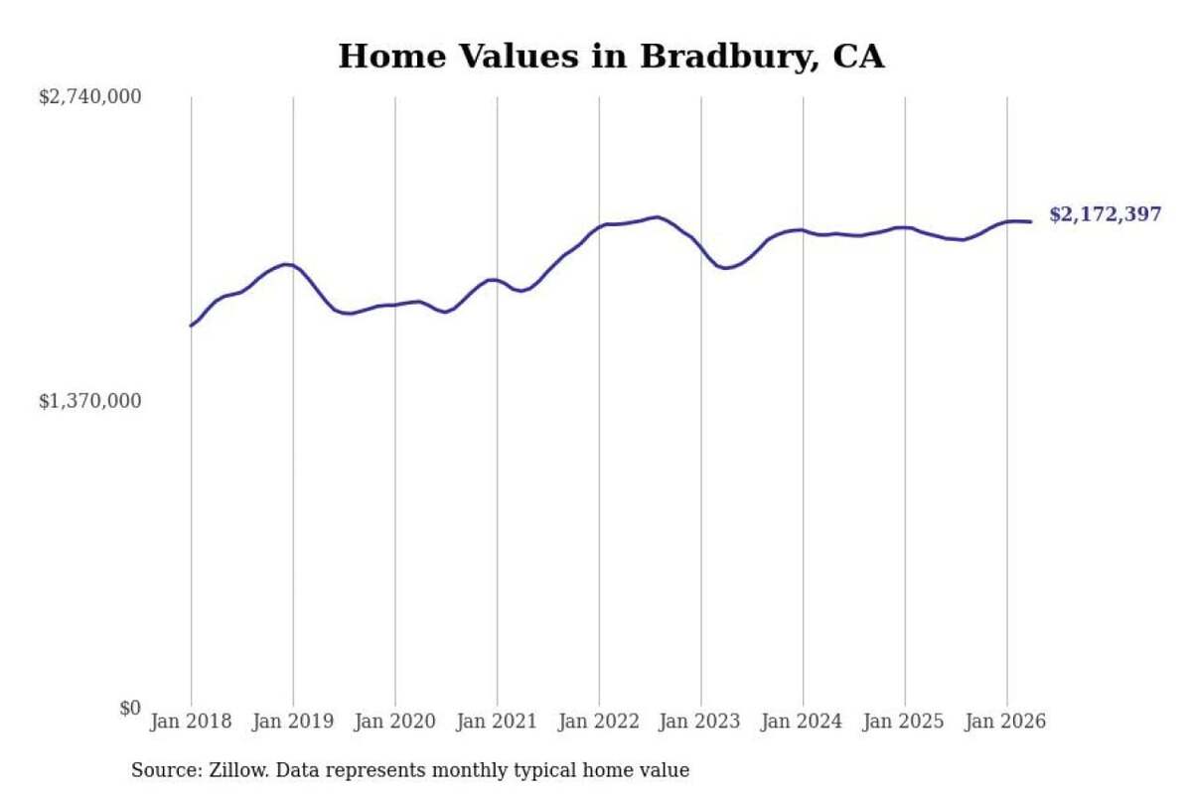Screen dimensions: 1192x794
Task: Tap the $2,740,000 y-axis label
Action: coord(90,97)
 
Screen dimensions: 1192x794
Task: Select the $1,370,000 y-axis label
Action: coord(90,400)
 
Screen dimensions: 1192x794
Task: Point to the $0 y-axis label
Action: coord(130,708)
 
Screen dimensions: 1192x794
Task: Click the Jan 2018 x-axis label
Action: coord(191,722)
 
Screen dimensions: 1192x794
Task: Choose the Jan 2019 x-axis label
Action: coord(293,722)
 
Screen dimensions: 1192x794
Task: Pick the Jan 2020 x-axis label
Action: coord(395,722)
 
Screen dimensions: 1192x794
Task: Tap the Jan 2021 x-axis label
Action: coord(497,722)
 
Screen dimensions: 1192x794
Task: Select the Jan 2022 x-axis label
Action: coord(599,722)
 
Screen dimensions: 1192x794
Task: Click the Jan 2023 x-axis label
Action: coord(699,722)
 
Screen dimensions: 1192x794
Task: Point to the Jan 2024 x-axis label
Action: coord(802,722)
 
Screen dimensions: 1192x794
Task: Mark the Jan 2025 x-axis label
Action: coord(904,722)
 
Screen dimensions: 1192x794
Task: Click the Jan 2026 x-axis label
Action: coord(1005,722)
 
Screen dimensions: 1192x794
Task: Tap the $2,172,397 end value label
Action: coord(1106,214)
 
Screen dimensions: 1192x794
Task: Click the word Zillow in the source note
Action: coord(239,770)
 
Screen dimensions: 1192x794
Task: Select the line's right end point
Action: coord(1031,221)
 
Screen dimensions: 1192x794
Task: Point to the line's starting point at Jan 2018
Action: coord(191,326)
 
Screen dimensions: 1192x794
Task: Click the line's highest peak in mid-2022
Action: coord(658,217)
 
